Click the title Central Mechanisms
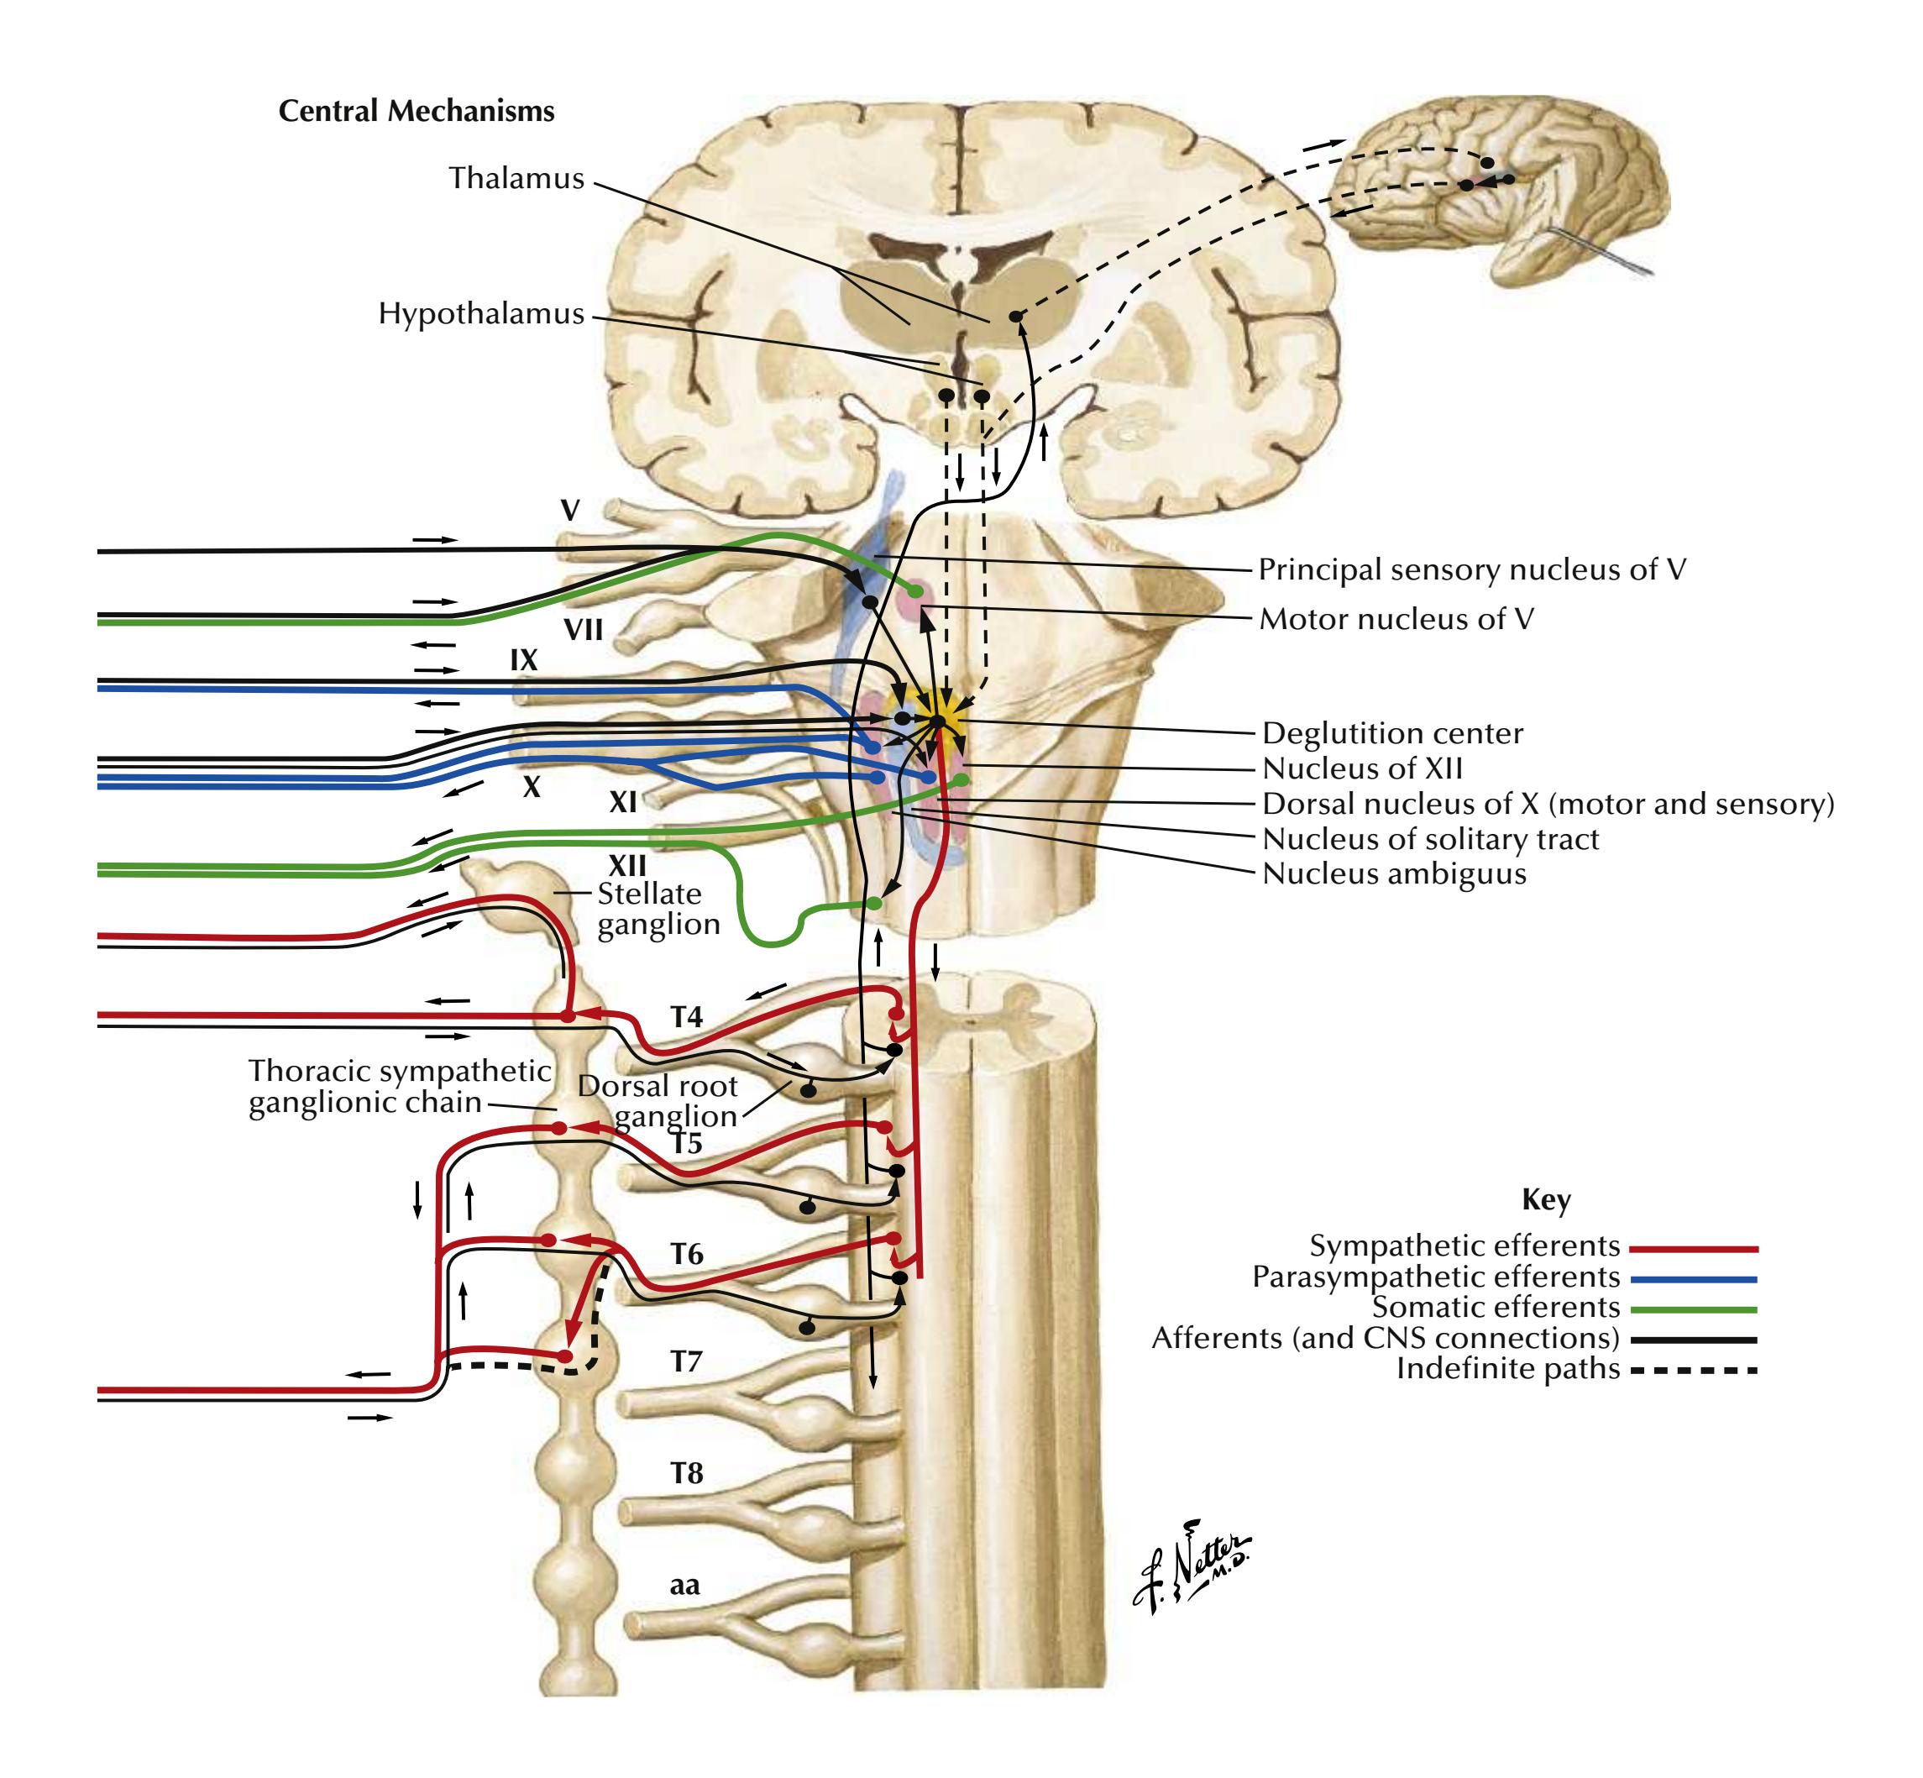coord(416,112)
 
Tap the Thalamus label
coord(516,178)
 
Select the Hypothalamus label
coord(481,313)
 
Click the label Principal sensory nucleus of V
coord(1472,569)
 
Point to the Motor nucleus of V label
coord(1396,619)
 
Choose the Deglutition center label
coord(1392,733)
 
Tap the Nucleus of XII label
coord(1362,768)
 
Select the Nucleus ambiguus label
coord(1394,873)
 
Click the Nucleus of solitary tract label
coord(1430,839)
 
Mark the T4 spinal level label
coord(687,1017)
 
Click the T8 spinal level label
coord(687,1473)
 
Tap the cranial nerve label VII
coord(583,630)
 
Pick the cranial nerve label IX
coord(523,660)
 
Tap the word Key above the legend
coord(1546,1200)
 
